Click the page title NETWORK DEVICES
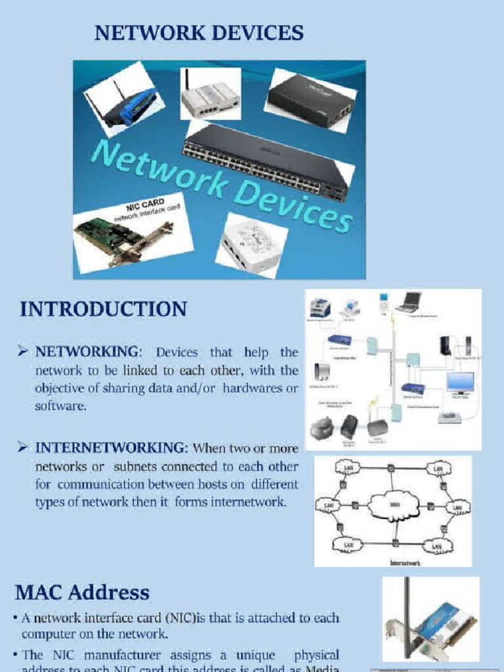[199, 33]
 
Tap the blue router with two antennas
[125, 102]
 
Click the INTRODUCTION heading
[103, 309]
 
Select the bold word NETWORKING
[87, 353]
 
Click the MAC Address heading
[82, 593]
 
